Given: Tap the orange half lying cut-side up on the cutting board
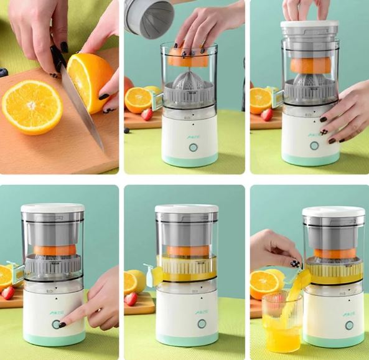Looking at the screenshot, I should [x=32, y=107].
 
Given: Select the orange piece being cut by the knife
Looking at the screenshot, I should [x=90, y=82].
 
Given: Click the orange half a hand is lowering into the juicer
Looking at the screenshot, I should [x=189, y=59].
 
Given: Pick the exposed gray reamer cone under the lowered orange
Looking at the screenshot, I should [x=189, y=84].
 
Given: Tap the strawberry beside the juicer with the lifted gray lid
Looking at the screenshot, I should [x=147, y=114].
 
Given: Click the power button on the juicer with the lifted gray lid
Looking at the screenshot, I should [x=193, y=148].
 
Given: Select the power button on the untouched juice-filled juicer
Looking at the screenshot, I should [x=201, y=323].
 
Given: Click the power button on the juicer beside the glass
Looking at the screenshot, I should [x=348, y=324].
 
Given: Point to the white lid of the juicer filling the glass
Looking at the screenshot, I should [x=333, y=211].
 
